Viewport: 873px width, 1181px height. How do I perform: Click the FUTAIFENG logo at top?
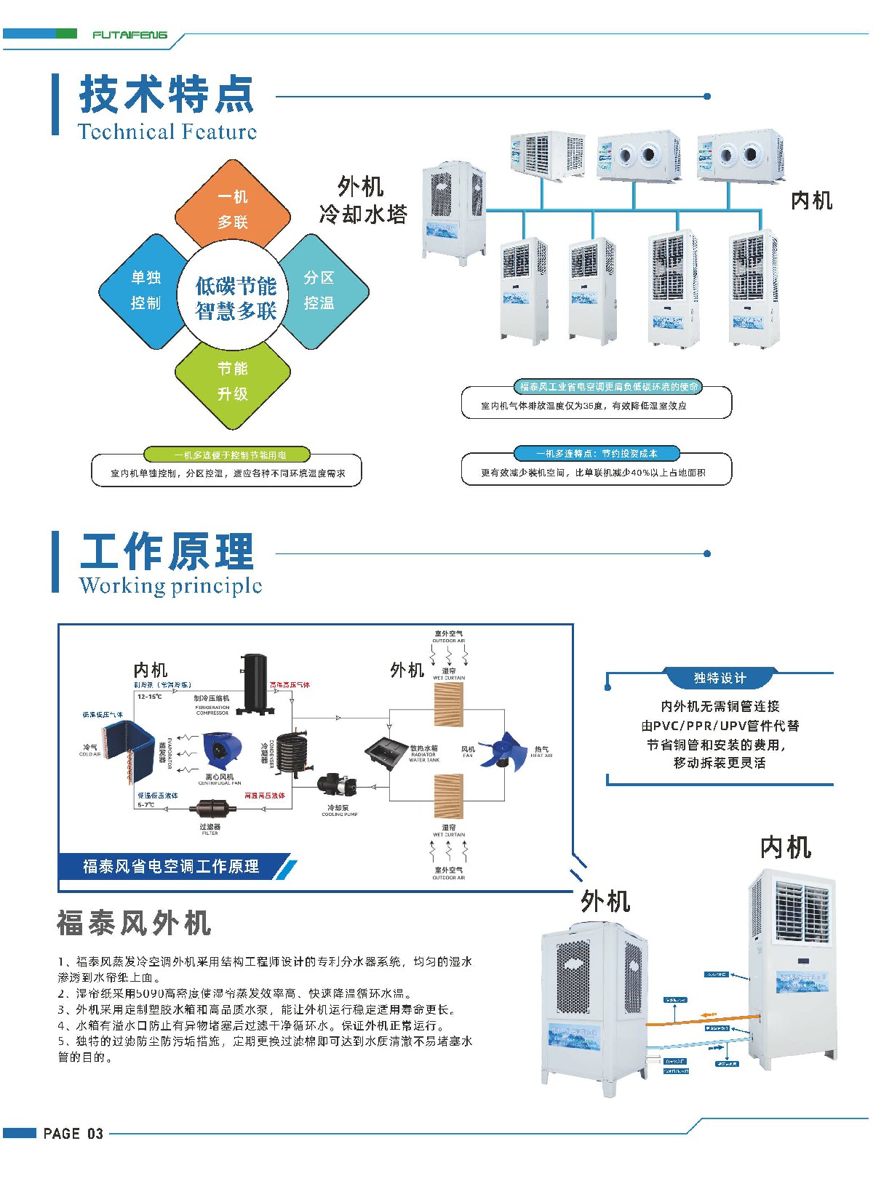tap(129, 34)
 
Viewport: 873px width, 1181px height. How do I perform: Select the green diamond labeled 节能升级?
tap(233, 381)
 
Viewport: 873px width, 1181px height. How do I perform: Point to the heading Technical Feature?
tap(167, 132)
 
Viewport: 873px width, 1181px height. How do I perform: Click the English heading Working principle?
tap(170, 585)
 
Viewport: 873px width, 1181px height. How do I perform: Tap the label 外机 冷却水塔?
tap(362, 200)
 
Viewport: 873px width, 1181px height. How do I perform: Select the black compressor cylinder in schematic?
tap(255, 683)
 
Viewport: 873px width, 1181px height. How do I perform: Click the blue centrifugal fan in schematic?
tap(221, 753)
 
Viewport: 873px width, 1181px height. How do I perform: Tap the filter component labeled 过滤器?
tap(210, 808)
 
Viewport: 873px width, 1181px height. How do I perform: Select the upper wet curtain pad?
tap(448, 703)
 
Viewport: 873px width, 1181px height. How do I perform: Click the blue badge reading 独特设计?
tap(719, 678)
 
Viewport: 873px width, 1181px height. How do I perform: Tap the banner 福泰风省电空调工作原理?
tap(172, 866)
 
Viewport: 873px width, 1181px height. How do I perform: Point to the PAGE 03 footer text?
tap(73, 1133)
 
